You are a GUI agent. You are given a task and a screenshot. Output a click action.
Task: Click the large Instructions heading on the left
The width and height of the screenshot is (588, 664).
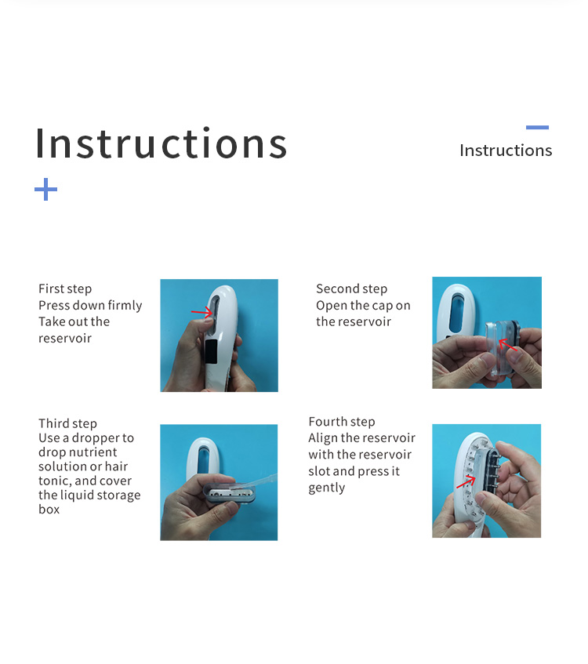(161, 143)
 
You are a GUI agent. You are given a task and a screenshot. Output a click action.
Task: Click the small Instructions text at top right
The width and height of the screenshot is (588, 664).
(506, 151)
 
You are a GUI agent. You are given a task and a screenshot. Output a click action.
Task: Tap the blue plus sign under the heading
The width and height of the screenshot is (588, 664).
(46, 189)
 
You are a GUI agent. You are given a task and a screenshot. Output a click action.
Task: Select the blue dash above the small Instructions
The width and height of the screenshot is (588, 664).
(537, 127)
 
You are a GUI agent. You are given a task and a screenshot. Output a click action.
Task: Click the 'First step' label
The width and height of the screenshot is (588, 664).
(65, 289)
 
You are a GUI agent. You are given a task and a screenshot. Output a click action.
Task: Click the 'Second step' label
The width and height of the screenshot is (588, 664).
(351, 289)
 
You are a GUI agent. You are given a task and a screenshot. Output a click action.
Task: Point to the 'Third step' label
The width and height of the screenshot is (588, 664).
(67, 423)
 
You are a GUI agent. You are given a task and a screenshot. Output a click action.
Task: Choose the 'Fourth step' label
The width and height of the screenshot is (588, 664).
(342, 422)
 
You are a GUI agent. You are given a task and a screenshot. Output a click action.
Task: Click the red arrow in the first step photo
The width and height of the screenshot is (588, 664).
(201, 312)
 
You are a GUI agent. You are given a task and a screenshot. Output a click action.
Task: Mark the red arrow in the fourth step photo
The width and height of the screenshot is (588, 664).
(466, 481)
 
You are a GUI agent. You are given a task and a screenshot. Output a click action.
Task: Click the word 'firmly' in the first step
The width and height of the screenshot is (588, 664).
(123, 306)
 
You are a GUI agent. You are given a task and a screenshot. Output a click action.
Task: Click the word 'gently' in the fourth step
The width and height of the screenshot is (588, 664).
(327, 488)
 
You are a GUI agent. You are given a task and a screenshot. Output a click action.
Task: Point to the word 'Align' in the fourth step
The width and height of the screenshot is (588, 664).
(323, 438)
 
